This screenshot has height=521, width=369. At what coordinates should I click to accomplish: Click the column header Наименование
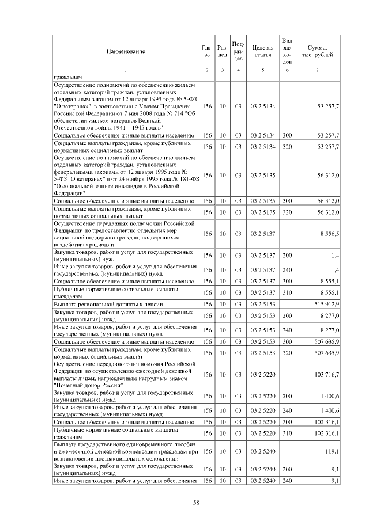coord(125,52)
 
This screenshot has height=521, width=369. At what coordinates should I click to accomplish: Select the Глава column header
coord(207,51)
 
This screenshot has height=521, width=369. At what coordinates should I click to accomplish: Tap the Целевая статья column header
coord(262,51)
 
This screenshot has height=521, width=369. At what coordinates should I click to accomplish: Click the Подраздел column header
coord(238,51)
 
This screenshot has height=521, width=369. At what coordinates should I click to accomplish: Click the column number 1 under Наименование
coord(125,70)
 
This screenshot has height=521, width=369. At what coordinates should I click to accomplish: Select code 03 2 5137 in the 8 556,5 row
coord(262,234)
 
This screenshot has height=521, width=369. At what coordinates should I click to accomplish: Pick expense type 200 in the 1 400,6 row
coord(287,396)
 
